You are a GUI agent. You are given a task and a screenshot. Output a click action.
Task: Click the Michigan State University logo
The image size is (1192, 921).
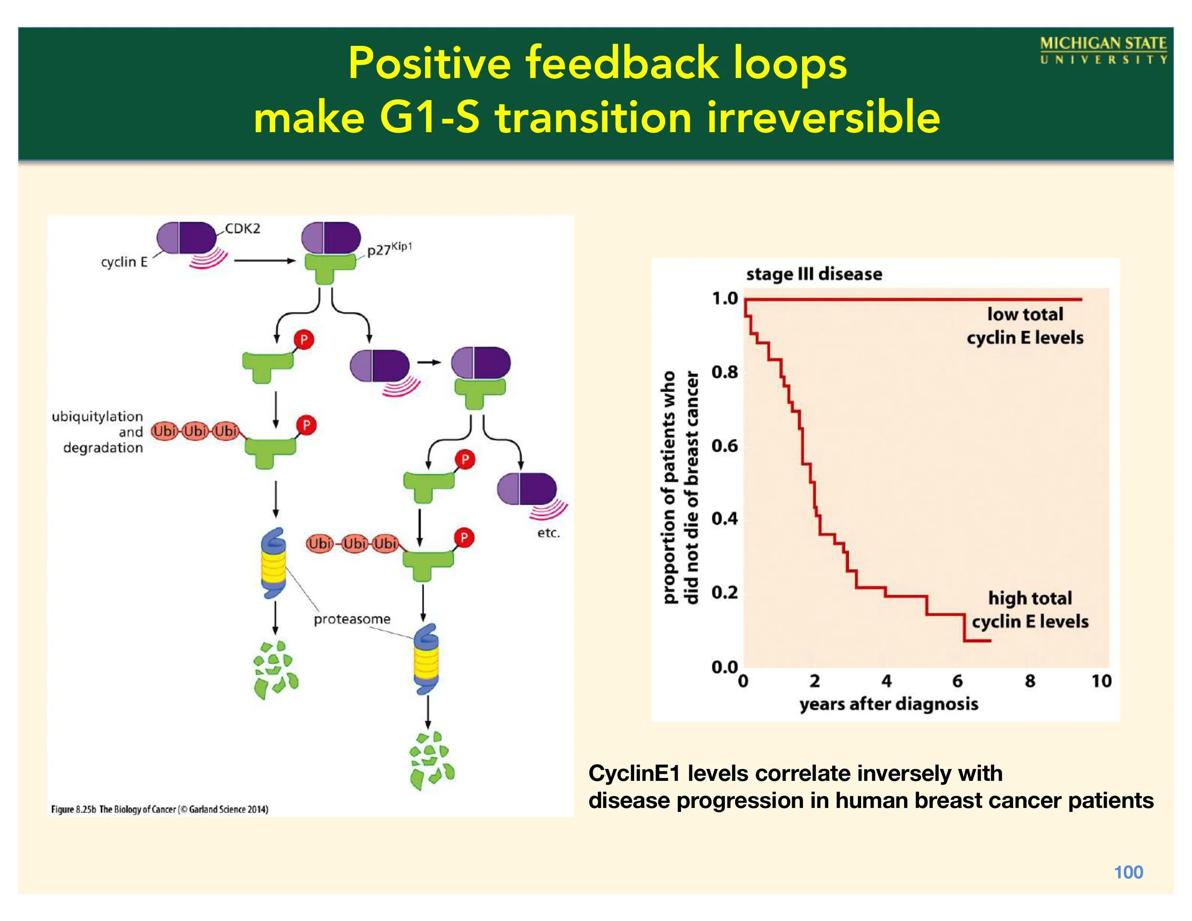[1103, 51]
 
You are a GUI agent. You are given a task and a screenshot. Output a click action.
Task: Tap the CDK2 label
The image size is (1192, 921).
[243, 229]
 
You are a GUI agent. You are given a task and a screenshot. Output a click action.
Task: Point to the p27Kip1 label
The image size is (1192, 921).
[389, 249]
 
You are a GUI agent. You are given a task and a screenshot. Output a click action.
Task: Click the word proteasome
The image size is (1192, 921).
[352, 619]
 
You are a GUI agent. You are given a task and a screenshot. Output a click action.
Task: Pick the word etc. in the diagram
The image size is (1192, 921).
[548, 533]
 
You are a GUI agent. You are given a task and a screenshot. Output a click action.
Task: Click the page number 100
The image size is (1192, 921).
[1128, 872]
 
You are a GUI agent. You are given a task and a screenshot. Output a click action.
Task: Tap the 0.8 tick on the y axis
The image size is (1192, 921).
[724, 373]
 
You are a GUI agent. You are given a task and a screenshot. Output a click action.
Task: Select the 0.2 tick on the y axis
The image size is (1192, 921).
[724, 592]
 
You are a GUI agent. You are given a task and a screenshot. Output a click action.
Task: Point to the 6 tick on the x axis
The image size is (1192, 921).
[957, 681]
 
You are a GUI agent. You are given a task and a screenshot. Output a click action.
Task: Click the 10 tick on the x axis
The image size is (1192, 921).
[1101, 681]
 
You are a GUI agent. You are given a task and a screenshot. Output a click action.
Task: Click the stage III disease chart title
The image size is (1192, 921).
[814, 274]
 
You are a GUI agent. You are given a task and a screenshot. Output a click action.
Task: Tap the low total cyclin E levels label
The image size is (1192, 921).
[1025, 326]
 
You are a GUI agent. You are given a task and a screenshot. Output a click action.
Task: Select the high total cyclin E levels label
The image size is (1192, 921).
[1030, 609]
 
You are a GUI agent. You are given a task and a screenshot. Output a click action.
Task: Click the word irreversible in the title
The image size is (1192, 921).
[823, 118]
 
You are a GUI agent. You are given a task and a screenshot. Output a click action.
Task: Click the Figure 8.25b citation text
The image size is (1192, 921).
[159, 809]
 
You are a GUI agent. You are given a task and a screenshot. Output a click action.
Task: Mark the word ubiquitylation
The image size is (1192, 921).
[97, 417]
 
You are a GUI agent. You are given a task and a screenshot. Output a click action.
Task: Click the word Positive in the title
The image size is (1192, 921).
[429, 64]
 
